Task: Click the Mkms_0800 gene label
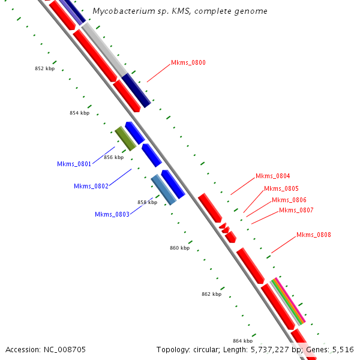click(x=188, y=62)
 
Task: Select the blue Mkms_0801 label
click(x=74, y=164)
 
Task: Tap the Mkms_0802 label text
click(x=91, y=186)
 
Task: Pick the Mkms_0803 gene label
click(x=112, y=214)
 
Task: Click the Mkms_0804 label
click(x=273, y=176)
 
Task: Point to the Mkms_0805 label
click(x=281, y=188)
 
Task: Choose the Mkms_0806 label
click(x=289, y=200)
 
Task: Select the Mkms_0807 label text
click(x=296, y=210)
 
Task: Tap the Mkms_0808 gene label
click(x=314, y=235)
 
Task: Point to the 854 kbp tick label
click(x=79, y=113)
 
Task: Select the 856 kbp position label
click(x=113, y=157)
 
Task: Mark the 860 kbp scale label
click(x=179, y=248)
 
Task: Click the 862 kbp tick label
click(x=211, y=294)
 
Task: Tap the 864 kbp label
click(x=242, y=341)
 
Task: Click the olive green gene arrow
click(x=125, y=139)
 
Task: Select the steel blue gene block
click(x=163, y=190)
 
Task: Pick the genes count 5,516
click(x=342, y=349)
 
